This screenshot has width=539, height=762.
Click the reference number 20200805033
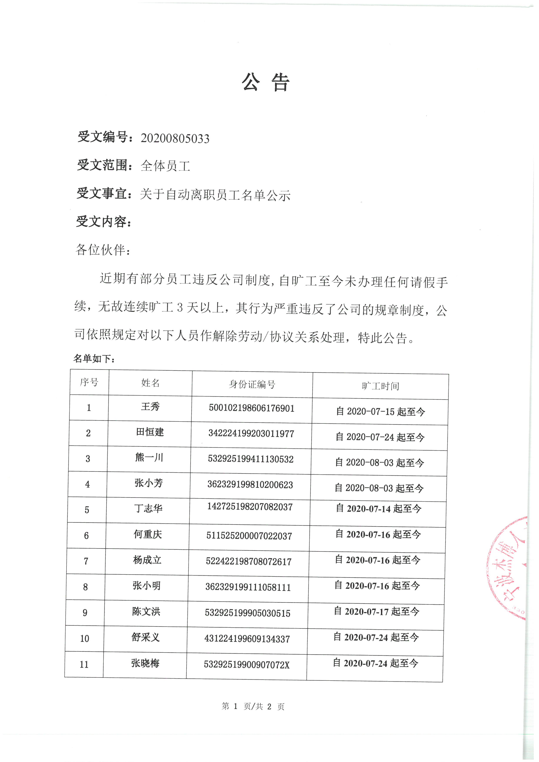175,138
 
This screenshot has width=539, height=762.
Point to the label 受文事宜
101,193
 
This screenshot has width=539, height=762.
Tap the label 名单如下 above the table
94,359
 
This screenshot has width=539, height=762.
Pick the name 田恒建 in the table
150,432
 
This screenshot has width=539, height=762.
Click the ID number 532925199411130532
251,459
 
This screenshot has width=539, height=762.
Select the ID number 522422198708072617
249,561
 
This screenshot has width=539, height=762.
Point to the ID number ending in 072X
247,665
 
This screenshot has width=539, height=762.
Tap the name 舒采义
145,637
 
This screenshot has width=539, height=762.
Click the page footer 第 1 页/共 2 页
253,706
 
